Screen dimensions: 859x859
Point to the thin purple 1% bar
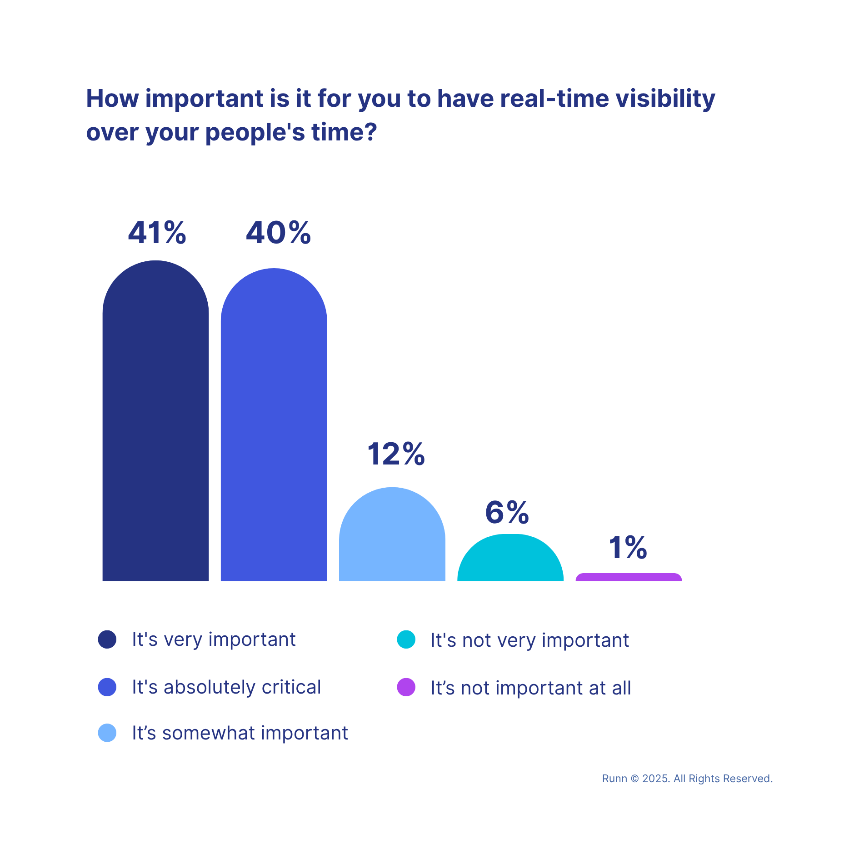tap(629, 577)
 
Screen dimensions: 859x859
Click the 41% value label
tap(157, 233)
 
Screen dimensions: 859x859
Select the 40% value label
tap(278, 233)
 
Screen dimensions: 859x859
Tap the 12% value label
tap(396, 454)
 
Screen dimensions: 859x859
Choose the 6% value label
tap(507, 512)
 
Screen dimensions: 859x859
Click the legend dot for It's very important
tap(107, 639)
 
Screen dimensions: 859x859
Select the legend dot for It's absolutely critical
tap(107, 687)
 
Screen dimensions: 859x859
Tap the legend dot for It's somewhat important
tap(107, 733)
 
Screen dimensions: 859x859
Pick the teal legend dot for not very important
tap(406, 639)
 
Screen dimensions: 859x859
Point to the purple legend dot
tap(406, 687)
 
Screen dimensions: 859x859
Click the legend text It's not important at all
tap(530, 688)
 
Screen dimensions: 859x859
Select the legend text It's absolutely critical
tap(226, 687)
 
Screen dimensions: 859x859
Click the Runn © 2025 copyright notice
tap(687, 779)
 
